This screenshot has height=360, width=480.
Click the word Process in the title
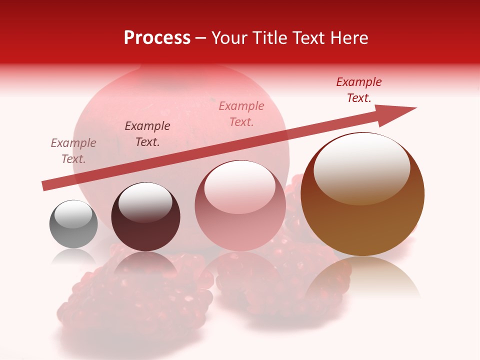pos(157,38)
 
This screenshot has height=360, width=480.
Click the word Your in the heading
pos(229,38)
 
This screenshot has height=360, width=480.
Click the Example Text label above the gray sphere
pos(73,151)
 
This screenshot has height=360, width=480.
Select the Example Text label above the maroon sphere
pos(147,134)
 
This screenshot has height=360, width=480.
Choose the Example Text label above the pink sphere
pos(241,114)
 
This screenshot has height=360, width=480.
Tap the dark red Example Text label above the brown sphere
pos(359,90)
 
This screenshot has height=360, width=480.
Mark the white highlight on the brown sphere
pos(361,167)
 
